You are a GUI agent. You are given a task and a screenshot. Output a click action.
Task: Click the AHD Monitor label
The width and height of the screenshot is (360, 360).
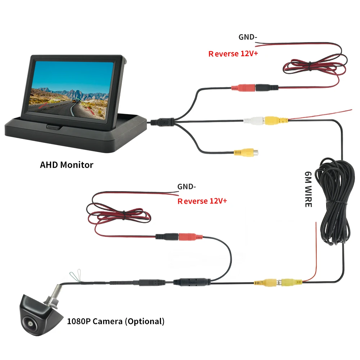(x=67, y=165)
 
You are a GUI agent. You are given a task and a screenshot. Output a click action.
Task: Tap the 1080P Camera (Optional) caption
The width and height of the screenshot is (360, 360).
(x=116, y=321)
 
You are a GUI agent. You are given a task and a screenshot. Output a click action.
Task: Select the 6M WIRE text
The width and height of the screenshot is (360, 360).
(x=308, y=189)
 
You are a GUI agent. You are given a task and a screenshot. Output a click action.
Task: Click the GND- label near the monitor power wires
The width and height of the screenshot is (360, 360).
(x=248, y=37)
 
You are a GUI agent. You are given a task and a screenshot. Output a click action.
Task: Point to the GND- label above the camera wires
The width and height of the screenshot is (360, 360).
(x=186, y=186)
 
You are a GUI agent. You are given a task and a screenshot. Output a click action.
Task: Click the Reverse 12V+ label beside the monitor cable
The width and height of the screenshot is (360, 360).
(x=233, y=54)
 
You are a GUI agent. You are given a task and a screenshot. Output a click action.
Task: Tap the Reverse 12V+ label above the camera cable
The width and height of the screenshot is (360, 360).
(x=202, y=201)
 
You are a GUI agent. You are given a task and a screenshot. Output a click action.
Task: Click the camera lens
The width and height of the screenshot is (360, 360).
(x=30, y=323)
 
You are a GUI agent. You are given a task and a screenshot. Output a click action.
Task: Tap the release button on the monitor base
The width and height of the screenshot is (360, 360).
(x=54, y=126)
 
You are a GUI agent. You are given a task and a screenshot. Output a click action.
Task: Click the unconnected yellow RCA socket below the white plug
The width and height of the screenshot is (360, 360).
(x=246, y=152)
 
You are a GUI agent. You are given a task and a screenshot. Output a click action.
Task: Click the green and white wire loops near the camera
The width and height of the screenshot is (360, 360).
(x=76, y=275)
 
